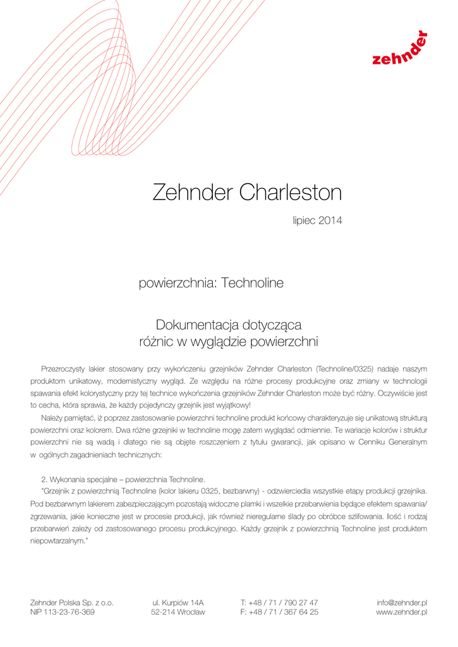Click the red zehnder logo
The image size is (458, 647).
pyautogui.click(x=399, y=51)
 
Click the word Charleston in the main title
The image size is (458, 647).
pyautogui.click(x=290, y=192)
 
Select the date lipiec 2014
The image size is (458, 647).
pyautogui.click(x=317, y=221)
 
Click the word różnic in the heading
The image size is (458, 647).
pyautogui.click(x=156, y=342)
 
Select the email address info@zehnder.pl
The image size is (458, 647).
pyautogui.click(x=402, y=603)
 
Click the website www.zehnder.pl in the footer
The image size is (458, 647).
pyautogui.click(x=402, y=612)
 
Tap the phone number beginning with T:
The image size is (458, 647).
pyautogui.click(x=279, y=603)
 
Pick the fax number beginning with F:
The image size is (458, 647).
pyautogui.click(x=279, y=612)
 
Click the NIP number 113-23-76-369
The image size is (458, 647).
pyautogui.click(x=63, y=612)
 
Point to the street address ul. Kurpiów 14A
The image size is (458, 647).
pyautogui.click(x=178, y=603)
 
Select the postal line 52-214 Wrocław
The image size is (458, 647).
pyautogui.click(x=178, y=612)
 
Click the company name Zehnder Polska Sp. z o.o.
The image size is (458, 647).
pyautogui.click(x=72, y=603)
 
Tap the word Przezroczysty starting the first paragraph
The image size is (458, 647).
pyautogui.click(x=63, y=368)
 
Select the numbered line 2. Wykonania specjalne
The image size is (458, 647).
pyautogui.click(x=123, y=478)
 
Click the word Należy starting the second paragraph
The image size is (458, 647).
pyautogui.click(x=52, y=418)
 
